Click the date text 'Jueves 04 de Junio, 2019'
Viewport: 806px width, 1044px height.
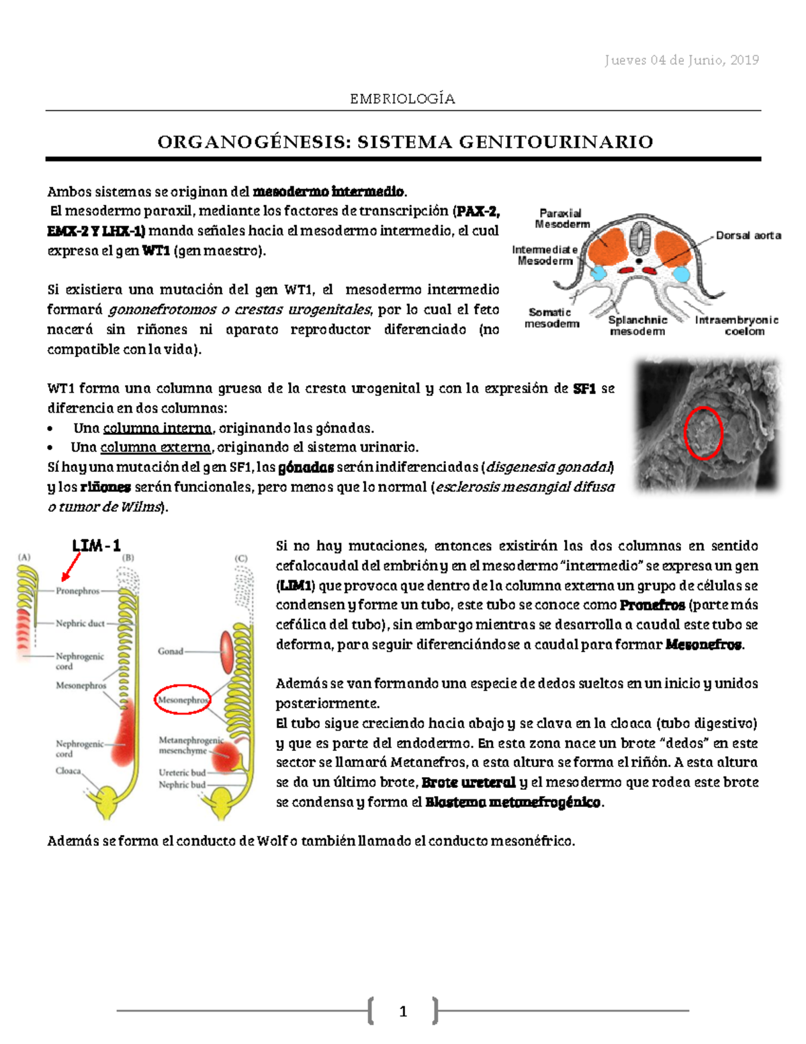tap(681, 61)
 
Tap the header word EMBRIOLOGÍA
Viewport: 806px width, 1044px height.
tap(402, 99)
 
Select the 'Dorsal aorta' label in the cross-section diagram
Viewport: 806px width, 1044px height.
tap(748, 235)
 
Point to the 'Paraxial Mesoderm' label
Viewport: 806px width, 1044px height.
tap(562, 218)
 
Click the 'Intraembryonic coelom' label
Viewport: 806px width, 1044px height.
tap(737, 325)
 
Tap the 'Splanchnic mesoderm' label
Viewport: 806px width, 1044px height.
tap(637, 325)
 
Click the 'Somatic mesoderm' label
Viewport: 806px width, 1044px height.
tap(551, 318)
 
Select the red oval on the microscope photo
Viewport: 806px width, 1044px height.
tap(703, 433)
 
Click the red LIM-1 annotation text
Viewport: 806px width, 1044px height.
tap(96, 545)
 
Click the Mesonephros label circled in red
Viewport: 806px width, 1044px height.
tap(182, 700)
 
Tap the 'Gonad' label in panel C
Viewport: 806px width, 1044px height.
tap(170, 651)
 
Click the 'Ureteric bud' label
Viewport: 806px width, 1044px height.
tap(182, 772)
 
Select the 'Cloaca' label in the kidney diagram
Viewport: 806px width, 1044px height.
tap(68, 771)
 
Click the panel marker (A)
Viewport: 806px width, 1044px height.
tap(24, 557)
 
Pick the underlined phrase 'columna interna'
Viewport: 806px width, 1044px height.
tap(157, 428)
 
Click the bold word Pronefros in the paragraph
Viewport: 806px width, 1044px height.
tap(652, 605)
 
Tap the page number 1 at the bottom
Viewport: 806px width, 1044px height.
tap(403, 1011)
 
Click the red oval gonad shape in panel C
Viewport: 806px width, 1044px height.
tap(226, 651)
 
